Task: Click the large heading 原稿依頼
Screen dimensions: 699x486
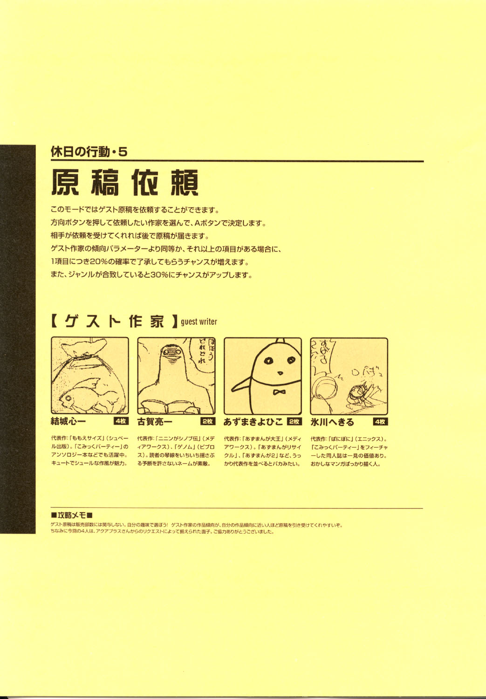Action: (x=125, y=182)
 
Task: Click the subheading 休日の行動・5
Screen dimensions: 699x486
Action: (x=89, y=151)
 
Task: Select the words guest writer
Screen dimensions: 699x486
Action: (x=199, y=322)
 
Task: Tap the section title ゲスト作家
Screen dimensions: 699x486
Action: (x=114, y=321)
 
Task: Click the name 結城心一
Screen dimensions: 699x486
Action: (x=68, y=422)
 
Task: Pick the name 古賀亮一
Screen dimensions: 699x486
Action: (x=155, y=422)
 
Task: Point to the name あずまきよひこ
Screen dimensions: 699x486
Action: (x=253, y=422)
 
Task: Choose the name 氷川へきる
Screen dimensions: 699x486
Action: (x=332, y=422)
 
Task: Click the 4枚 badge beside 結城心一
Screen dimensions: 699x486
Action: (x=121, y=421)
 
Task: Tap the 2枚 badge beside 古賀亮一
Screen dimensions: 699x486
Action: (x=207, y=421)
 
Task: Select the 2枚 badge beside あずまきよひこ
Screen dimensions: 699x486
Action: (x=294, y=421)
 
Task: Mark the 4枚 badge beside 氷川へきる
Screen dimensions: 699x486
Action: (x=380, y=421)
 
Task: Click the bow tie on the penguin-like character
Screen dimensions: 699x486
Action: (x=280, y=392)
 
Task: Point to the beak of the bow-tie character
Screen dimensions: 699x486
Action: (x=280, y=373)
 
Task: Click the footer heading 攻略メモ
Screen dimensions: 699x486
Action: (x=72, y=515)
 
